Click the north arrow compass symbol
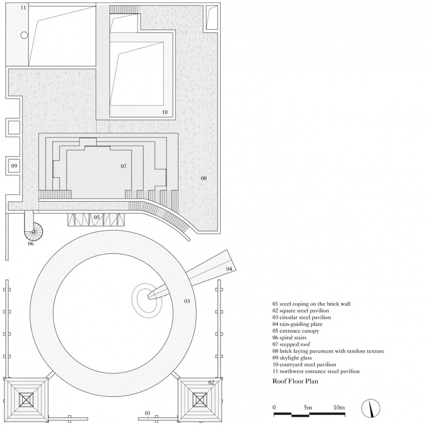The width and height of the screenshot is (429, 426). pyautogui.click(x=371, y=408)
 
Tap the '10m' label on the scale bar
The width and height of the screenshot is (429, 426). pyautogui.click(x=339, y=407)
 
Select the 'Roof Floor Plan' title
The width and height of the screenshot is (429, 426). pyautogui.click(x=295, y=381)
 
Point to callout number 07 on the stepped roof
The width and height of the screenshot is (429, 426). pyautogui.click(x=124, y=166)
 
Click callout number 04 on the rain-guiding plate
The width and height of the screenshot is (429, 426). pyautogui.click(x=229, y=269)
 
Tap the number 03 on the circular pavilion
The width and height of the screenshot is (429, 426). pyautogui.click(x=187, y=301)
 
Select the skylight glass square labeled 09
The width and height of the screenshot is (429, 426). pyautogui.click(x=14, y=166)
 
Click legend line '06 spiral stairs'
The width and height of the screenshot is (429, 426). pyautogui.click(x=290, y=338)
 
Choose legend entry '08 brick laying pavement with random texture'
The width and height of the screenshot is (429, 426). pyautogui.click(x=328, y=351)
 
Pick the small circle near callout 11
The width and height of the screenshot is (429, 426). pyautogui.click(x=24, y=35)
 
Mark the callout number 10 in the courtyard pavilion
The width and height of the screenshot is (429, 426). pyautogui.click(x=165, y=112)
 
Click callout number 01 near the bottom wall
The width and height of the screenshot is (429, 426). pyautogui.click(x=147, y=413)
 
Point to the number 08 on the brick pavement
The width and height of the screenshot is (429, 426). pyautogui.click(x=204, y=178)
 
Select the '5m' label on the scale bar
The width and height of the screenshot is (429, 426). pyautogui.click(x=308, y=407)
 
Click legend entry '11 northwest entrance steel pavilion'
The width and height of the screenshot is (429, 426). pyautogui.click(x=316, y=372)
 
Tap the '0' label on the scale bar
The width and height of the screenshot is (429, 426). pyautogui.click(x=274, y=407)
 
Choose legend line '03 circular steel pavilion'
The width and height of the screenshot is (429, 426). pyautogui.click(x=302, y=317)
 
